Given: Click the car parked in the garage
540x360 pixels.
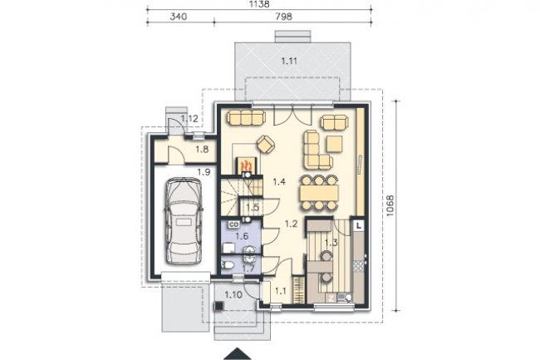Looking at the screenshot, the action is [x=184, y=221].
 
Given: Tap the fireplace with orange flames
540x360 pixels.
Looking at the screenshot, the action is [x=247, y=166].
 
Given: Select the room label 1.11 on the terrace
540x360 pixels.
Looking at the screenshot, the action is [x=289, y=62].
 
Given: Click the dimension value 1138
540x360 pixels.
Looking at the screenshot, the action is [x=259, y=4].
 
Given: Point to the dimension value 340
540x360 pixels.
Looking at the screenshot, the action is [x=179, y=17].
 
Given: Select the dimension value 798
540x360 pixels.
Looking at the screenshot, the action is [x=284, y=17].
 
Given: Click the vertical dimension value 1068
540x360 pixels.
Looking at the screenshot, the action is [x=390, y=205].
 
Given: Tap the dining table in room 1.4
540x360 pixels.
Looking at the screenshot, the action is [x=318, y=193].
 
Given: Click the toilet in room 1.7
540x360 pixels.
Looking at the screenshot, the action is [x=228, y=265].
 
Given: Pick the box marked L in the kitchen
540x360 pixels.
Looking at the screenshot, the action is [x=359, y=226].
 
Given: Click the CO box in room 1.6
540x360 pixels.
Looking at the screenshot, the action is [x=233, y=225].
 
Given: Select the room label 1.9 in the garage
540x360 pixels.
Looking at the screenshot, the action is [x=204, y=171].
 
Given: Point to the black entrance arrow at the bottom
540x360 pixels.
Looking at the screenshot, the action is [x=238, y=354].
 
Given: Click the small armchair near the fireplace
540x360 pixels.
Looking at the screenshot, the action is [x=266, y=143].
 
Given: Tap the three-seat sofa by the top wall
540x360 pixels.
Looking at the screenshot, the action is [x=246, y=117].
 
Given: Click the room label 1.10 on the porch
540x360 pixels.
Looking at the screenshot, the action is [x=233, y=295].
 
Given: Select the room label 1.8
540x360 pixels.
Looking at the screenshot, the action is [x=202, y=150].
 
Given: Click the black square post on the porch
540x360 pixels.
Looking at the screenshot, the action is [x=218, y=306].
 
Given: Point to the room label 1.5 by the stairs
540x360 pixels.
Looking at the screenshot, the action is [x=253, y=208].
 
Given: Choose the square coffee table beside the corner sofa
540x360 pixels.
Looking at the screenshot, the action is [x=335, y=144].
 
